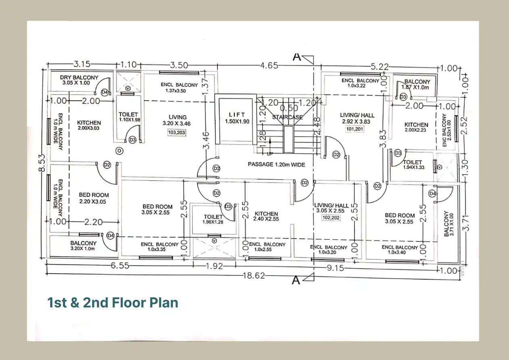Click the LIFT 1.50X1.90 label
click(x=237, y=118)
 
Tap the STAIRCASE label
click(x=287, y=117)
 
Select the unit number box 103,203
click(x=177, y=132)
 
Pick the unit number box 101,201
click(x=355, y=129)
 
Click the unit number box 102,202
click(x=331, y=218)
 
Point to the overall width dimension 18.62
click(x=254, y=276)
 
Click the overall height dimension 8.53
click(x=42, y=163)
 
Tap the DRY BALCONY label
click(x=79, y=77)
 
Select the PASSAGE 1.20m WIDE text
click(x=276, y=164)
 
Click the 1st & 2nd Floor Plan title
click(x=113, y=303)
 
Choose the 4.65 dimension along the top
click(x=269, y=65)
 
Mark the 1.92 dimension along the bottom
click(x=214, y=266)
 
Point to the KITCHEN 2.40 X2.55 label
click(x=266, y=216)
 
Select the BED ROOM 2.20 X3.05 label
click(x=94, y=198)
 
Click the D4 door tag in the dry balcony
click(x=104, y=92)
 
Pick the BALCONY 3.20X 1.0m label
click(x=83, y=246)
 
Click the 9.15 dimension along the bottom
click(x=335, y=268)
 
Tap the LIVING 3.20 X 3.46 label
click(x=177, y=120)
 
